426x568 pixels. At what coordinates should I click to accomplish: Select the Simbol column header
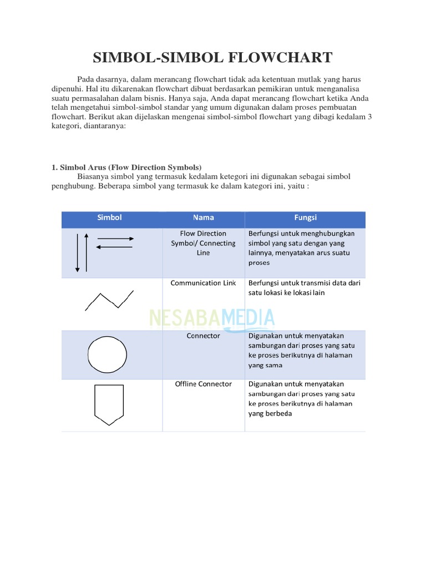tap(109, 217)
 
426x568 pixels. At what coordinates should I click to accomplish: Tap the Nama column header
tap(204, 217)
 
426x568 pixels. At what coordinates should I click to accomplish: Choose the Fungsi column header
tap(305, 217)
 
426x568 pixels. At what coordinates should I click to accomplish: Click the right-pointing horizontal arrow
tap(115, 239)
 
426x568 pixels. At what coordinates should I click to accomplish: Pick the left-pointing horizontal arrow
tap(115, 247)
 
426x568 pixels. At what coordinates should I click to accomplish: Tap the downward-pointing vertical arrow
tap(78, 253)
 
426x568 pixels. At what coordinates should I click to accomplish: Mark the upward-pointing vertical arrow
tap(86, 253)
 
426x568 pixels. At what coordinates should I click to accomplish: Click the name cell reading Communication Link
tap(203, 283)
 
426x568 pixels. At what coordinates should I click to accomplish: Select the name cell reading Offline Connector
tap(203, 384)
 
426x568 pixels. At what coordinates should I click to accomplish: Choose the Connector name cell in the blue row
tap(203, 336)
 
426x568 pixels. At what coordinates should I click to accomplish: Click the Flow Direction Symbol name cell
tap(203, 243)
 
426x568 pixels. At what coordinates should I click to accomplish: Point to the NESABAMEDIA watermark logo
tap(212, 318)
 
